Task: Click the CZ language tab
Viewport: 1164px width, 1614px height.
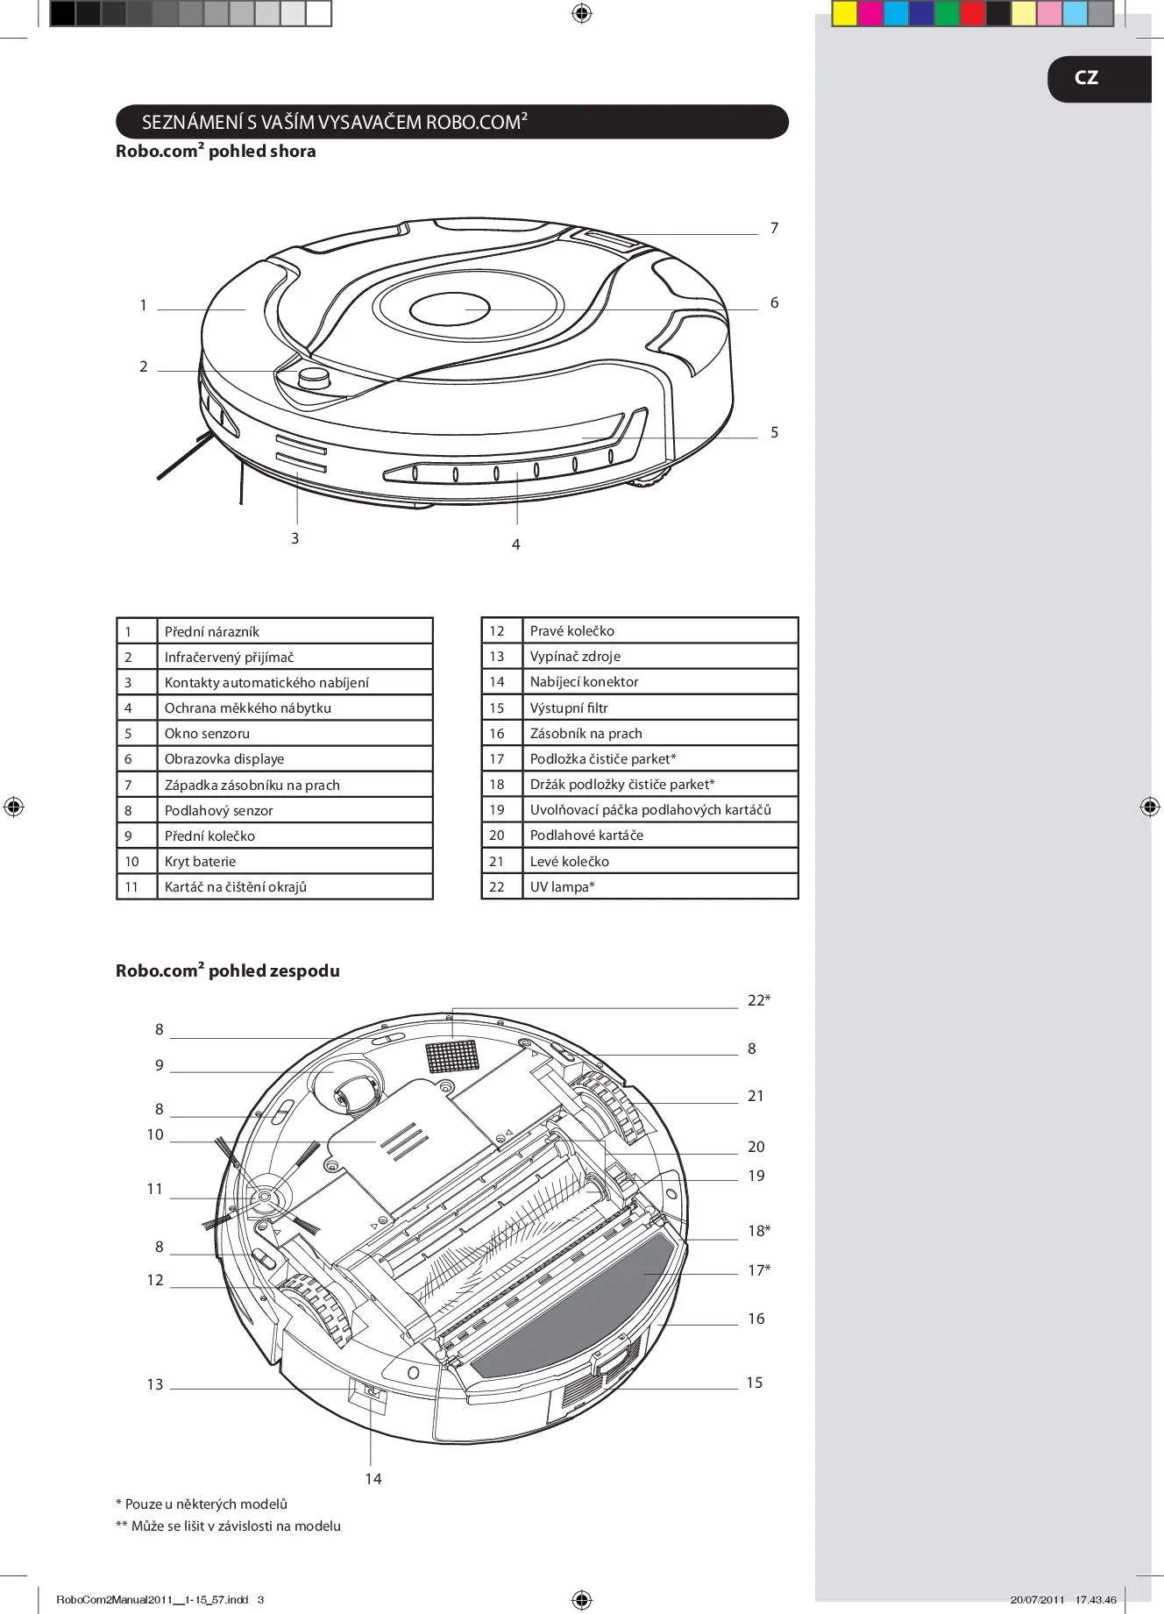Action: (1099, 79)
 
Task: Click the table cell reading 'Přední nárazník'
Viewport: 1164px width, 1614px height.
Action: (211, 631)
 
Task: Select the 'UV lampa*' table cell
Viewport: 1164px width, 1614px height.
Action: (562, 886)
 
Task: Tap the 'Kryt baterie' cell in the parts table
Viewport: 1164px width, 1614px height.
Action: (200, 861)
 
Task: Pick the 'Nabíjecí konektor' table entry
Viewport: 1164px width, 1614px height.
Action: (584, 681)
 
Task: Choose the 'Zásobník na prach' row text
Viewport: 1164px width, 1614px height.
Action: (586, 733)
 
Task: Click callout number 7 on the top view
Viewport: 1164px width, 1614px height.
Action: (774, 228)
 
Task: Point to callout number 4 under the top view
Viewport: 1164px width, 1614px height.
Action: (515, 544)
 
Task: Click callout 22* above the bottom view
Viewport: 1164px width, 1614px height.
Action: (759, 1000)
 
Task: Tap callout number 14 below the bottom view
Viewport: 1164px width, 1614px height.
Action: (373, 1479)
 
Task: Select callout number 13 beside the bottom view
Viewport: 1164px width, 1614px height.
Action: (155, 1384)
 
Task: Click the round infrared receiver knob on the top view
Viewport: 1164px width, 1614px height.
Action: (315, 379)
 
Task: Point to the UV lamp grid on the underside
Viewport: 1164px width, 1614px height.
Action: (453, 1056)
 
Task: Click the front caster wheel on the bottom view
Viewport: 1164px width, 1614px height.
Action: (357, 1091)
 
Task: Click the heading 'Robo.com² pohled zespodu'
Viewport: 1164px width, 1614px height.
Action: (228, 970)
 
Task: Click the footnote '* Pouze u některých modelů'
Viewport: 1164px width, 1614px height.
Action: (202, 1504)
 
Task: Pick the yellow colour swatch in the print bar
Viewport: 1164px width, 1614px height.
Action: (844, 14)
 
